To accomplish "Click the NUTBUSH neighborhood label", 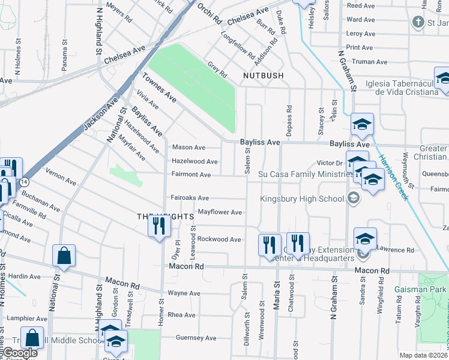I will click(263, 76).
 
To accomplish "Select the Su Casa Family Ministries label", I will click(305, 174).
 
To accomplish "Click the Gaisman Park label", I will click(420, 289).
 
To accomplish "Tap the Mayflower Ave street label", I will click(220, 212).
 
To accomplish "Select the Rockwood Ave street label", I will click(219, 239).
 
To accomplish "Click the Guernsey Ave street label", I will click(196, 338).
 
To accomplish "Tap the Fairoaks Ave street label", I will click(190, 197).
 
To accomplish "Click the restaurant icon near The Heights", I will click(159, 226).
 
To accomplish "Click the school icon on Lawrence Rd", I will click(364, 239).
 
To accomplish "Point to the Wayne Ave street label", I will click(184, 293).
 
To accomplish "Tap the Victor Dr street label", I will click(329, 163).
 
